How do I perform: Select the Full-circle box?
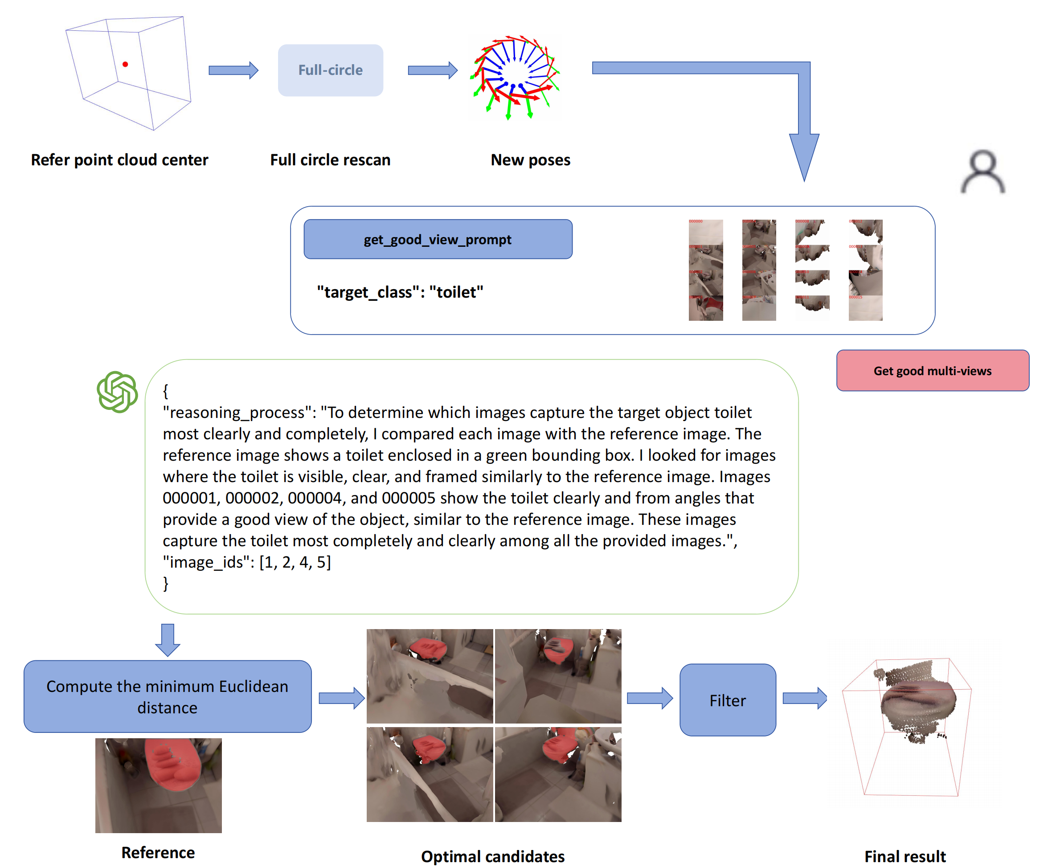(330, 70)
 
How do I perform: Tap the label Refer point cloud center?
(119, 160)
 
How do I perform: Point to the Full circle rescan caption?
(330, 160)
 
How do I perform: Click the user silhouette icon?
(982, 172)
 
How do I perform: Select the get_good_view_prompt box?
(438, 239)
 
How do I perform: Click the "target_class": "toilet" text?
(400, 292)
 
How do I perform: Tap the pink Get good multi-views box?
(932, 371)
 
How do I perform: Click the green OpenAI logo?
(117, 392)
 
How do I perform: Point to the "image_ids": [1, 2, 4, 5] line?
(247, 562)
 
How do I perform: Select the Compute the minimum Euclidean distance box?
(168, 697)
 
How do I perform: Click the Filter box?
(727, 700)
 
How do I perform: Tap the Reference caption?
(158, 852)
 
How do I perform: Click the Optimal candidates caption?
(492, 856)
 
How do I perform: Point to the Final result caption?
(905, 856)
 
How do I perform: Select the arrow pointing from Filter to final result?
(804, 698)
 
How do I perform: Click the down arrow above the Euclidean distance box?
(168, 640)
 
